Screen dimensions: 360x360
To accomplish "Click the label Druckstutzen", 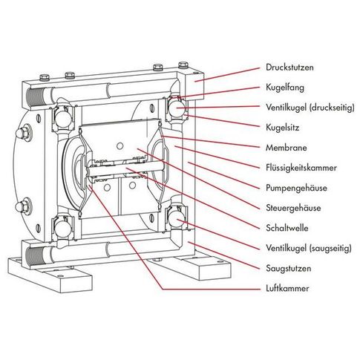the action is pos(289,68).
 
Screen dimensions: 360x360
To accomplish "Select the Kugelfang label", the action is pos(285,88).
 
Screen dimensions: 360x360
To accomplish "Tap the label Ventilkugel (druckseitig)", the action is pos(310,108).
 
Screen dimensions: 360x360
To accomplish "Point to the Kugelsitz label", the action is pos(282,128).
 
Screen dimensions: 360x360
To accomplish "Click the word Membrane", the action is pos(286,148).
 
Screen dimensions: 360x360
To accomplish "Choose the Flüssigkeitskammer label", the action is pos(301,168).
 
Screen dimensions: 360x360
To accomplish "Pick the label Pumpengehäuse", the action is pos(296,188).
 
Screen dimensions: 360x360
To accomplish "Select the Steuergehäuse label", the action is pos(293,208).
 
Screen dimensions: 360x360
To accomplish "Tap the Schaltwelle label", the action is pos(287,228).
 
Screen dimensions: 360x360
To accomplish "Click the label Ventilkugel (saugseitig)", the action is pos(309,248).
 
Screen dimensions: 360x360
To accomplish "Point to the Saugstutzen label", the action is pos(288,269).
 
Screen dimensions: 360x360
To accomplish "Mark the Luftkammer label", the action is pos(287,289).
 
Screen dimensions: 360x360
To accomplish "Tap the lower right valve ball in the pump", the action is pos(176,218).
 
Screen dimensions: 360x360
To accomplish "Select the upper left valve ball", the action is pos(63,118).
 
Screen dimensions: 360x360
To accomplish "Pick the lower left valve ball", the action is pos(62,229).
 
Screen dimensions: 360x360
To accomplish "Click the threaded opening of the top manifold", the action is pos(36,97).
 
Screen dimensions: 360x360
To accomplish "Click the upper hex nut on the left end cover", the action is pos(23,134).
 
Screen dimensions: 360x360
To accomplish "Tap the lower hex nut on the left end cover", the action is pos(23,206).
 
